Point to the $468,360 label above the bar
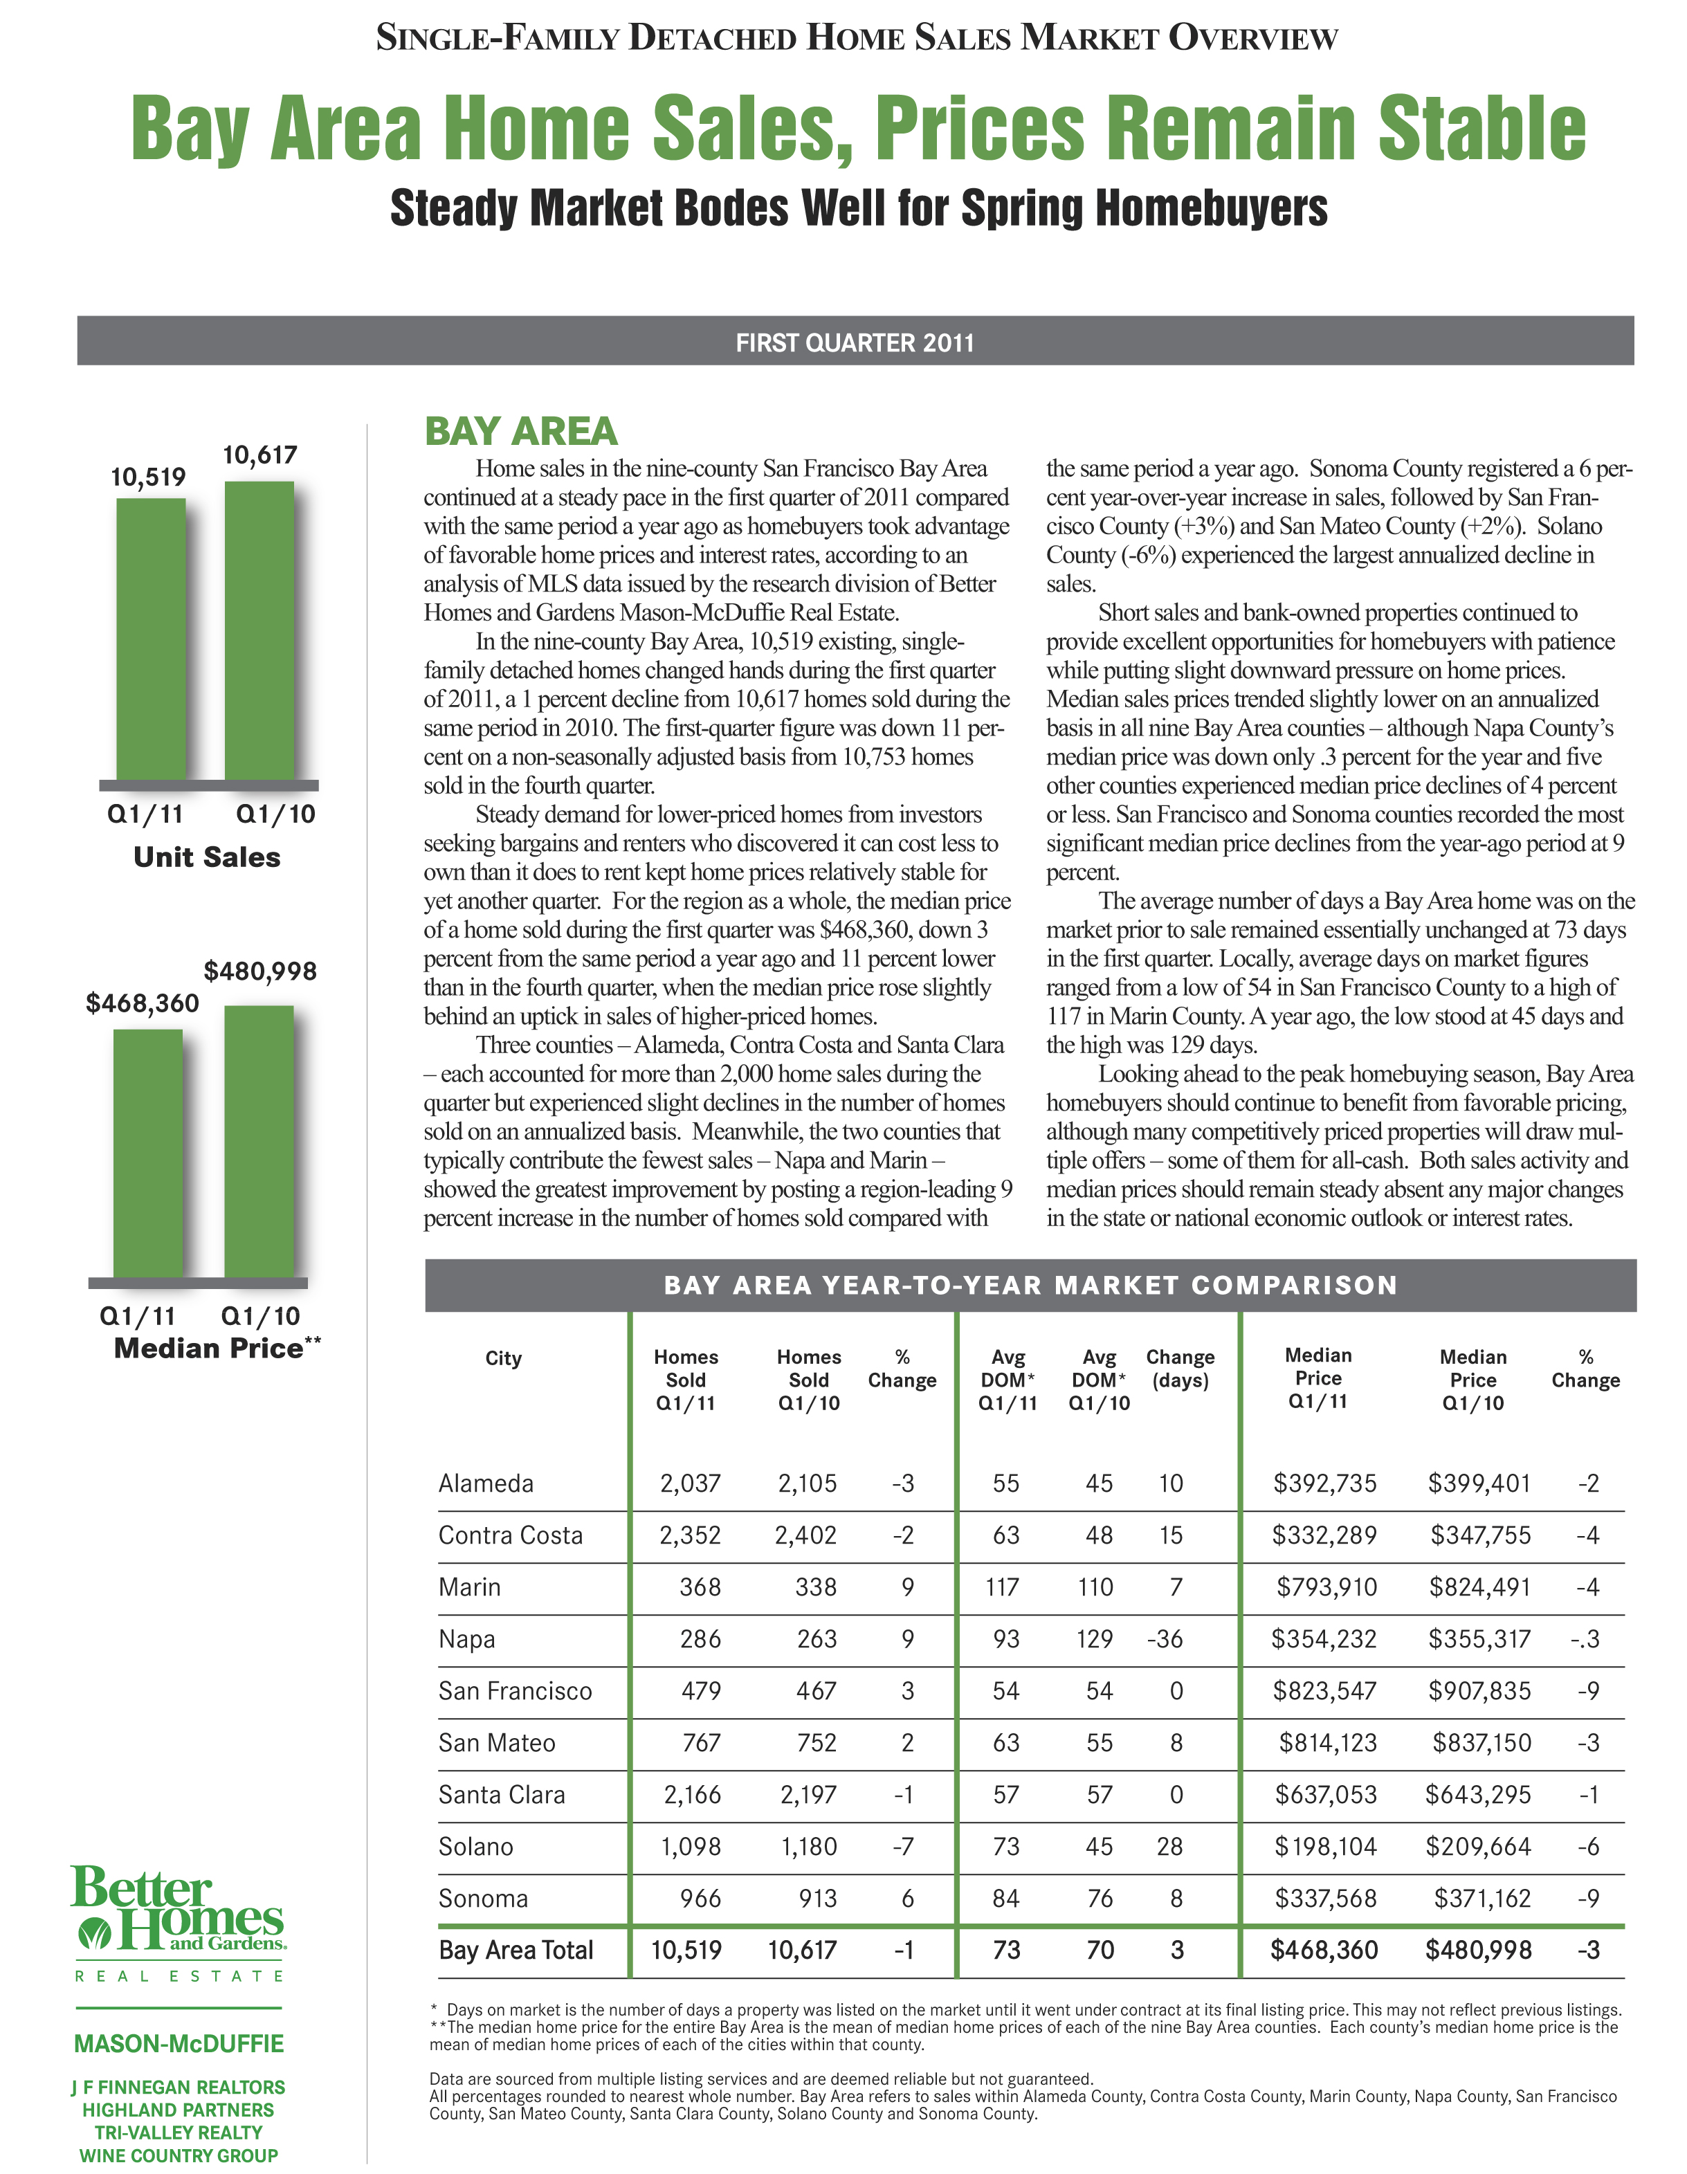143,1003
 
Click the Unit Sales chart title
207,857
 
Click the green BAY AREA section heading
520,432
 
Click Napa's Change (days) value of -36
1165,1638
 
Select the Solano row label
476,1847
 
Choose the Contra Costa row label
511,1535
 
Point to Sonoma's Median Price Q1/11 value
1326,1898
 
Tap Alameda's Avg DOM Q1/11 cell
1005,1483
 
